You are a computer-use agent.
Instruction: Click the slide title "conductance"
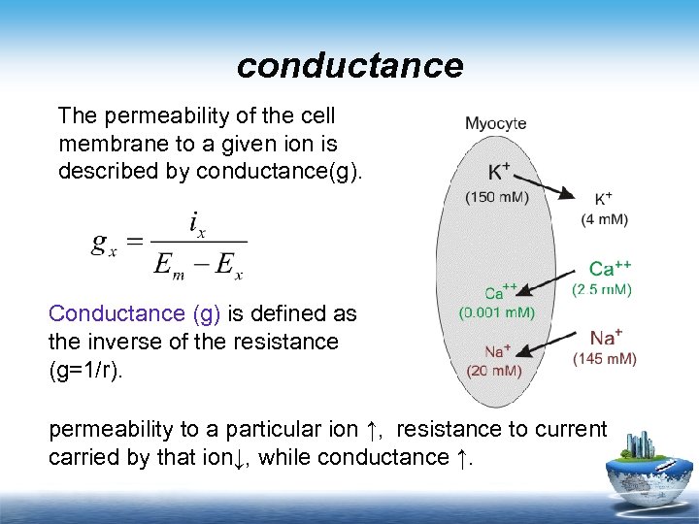[349, 66]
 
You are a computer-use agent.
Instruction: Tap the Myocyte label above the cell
[496, 123]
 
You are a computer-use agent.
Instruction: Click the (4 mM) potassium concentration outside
[605, 219]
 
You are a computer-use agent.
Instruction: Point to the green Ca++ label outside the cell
[611, 269]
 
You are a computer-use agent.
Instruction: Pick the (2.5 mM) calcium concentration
[602, 289]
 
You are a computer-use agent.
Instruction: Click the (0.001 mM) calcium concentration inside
[496, 313]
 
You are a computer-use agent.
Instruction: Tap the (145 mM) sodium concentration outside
[605, 359]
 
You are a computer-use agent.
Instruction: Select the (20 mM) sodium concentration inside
[494, 370]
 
